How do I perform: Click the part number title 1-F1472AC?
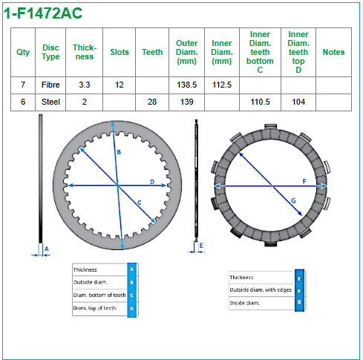click(x=43, y=13)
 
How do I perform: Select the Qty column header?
click(x=23, y=52)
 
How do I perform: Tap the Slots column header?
click(x=120, y=52)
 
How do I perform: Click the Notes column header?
click(x=333, y=52)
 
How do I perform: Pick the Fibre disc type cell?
click(x=50, y=85)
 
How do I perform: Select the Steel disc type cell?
click(x=50, y=102)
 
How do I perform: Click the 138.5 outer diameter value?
click(x=186, y=85)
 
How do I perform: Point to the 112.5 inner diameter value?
click(x=222, y=85)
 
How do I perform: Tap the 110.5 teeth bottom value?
click(x=260, y=102)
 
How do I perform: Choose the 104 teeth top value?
click(x=298, y=102)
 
